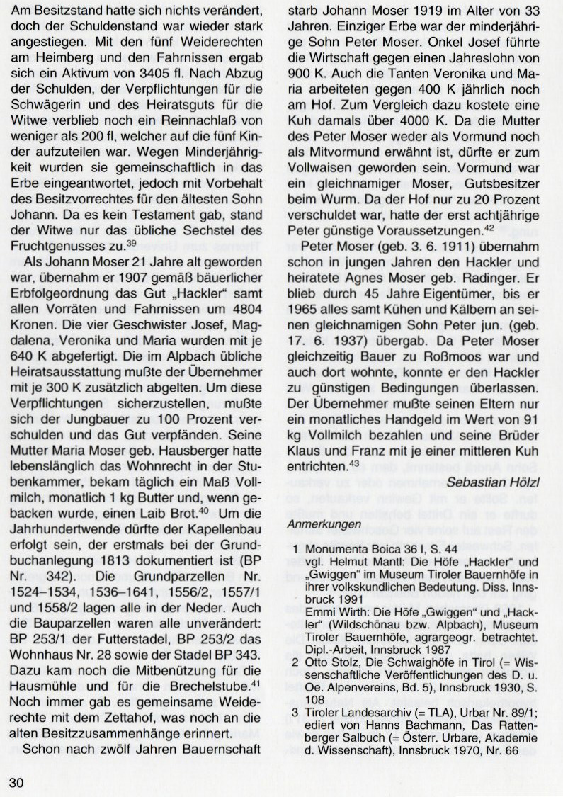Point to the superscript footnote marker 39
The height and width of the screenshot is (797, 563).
(x=131, y=243)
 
